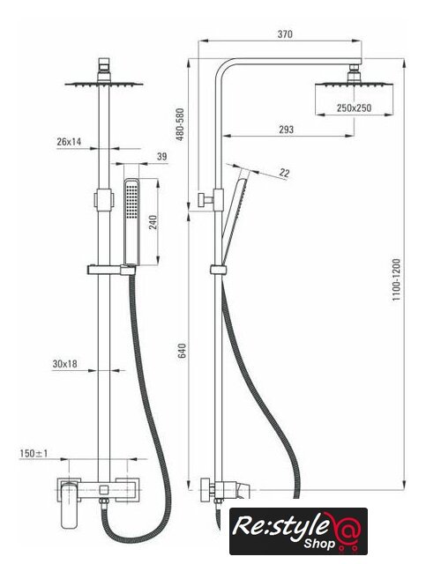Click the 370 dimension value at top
(285, 34)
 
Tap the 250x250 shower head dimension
(354, 108)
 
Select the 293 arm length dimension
(286, 130)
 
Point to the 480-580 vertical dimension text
(180, 124)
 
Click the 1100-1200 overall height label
(397, 279)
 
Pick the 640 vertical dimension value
(183, 351)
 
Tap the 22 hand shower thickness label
(284, 173)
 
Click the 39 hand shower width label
(162, 157)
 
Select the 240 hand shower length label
(153, 222)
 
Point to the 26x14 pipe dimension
(69, 141)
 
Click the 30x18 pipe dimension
(64, 364)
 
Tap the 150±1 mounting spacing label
(34, 454)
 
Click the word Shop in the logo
(318, 543)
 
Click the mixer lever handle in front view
(69, 506)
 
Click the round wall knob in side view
(206, 490)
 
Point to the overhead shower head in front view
(104, 85)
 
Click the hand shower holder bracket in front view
(112, 269)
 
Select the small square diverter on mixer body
(104, 490)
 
